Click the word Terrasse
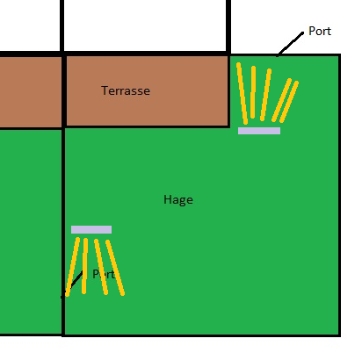[126, 90]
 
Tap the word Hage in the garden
[178, 200]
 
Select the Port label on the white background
[320, 31]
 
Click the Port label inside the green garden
[104, 274]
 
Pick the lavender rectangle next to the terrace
[259, 131]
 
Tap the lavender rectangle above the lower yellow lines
[91, 229]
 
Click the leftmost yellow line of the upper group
[243, 93]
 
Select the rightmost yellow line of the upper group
[289, 102]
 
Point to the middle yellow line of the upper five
[265, 95]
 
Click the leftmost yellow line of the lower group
[72, 267]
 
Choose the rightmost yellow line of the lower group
[115, 268]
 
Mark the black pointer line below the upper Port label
[290, 44]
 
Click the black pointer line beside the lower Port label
[72, 284]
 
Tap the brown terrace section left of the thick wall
[31, 92]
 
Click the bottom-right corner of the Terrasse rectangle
[228, 126]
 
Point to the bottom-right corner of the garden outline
[339, 335]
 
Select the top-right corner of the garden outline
[339, 54]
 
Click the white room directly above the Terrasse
[146, 25]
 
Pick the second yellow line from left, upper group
[253, 92]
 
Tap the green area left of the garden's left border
[31, 231]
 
